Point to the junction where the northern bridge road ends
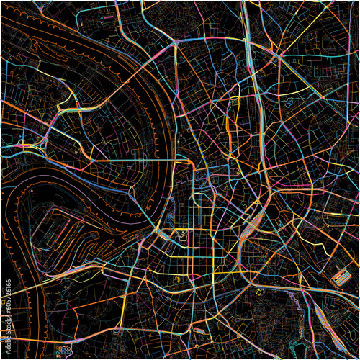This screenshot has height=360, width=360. tap(176, 43)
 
